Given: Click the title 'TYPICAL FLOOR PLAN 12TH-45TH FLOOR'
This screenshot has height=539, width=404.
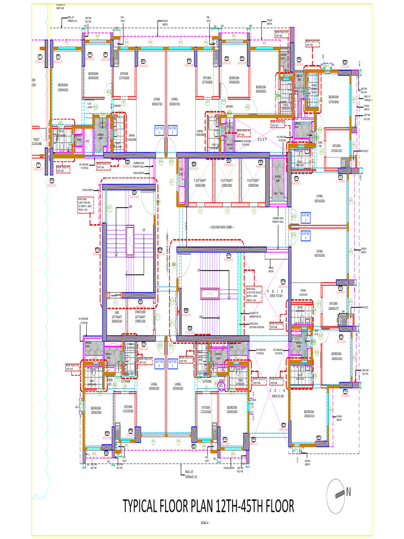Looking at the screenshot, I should click(x=208, y=506).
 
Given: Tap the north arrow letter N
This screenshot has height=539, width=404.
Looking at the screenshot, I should click(x=348, y=493).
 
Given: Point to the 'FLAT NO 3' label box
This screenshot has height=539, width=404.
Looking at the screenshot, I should click(x=306, y=217).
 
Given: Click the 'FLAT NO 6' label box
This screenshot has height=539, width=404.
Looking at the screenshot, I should click(x=158, y=363).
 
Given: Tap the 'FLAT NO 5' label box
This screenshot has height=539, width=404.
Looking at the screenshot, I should click(x=173, y=363).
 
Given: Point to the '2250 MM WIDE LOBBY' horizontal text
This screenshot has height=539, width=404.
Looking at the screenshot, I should click(x=221, y=227).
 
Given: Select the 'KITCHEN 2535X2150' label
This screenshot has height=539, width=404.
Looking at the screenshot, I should click(x=336, y=148).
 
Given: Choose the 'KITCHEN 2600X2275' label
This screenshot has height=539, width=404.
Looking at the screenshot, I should click(x=334, y=305).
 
